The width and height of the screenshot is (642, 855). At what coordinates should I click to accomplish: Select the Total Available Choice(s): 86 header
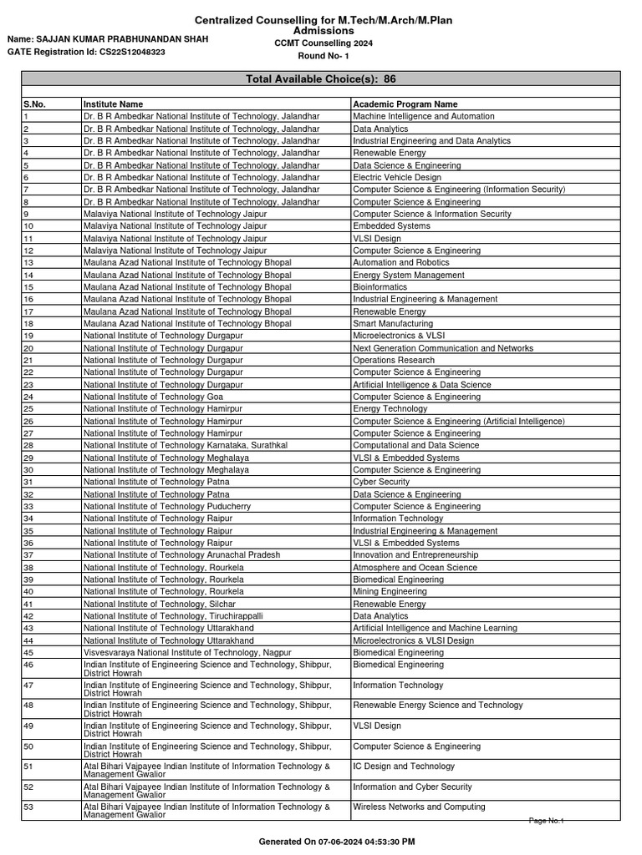click(x=321, y=78)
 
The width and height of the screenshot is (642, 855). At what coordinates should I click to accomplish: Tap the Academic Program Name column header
click(x=405, y=104)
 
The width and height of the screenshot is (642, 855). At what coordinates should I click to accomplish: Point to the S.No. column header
click(x=34, y=104)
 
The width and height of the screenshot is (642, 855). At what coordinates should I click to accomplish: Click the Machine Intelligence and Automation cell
click(x=423, y=117)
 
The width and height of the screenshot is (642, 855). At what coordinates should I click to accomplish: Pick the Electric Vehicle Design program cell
click(x=396, y=178)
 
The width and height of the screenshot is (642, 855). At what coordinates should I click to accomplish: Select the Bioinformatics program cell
click(x=380, y=287)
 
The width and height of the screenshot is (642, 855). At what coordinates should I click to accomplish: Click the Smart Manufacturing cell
click(x=393, y=323)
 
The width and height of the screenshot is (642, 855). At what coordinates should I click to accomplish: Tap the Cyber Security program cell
click(x=381, y=482)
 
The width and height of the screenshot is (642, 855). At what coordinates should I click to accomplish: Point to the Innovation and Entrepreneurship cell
click(x=415, y=554)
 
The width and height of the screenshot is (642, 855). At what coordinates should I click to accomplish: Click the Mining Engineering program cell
click(x=390, y=591)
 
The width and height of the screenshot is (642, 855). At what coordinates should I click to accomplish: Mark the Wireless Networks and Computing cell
click(x=419, y=807)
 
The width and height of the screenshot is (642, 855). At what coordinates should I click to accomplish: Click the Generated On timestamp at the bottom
click(x=337, y=842)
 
